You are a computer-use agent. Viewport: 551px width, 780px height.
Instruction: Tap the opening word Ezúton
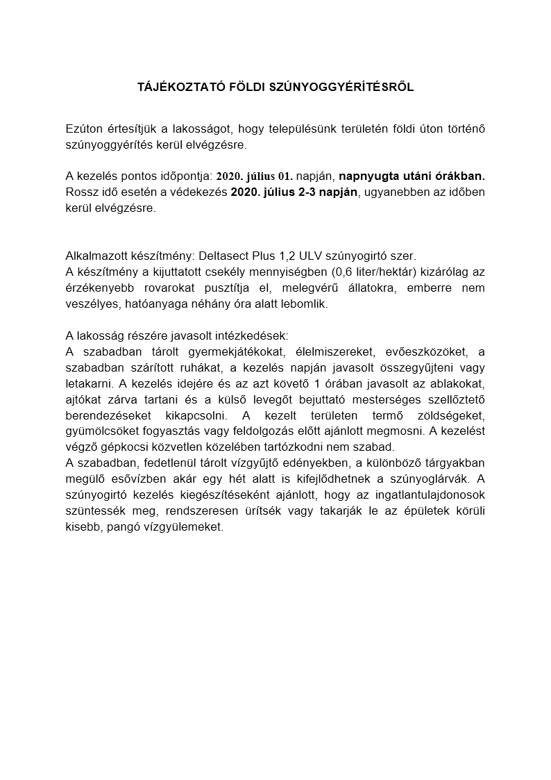pos(82,128)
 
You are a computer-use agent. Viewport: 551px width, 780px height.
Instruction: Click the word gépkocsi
pos(121,447)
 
